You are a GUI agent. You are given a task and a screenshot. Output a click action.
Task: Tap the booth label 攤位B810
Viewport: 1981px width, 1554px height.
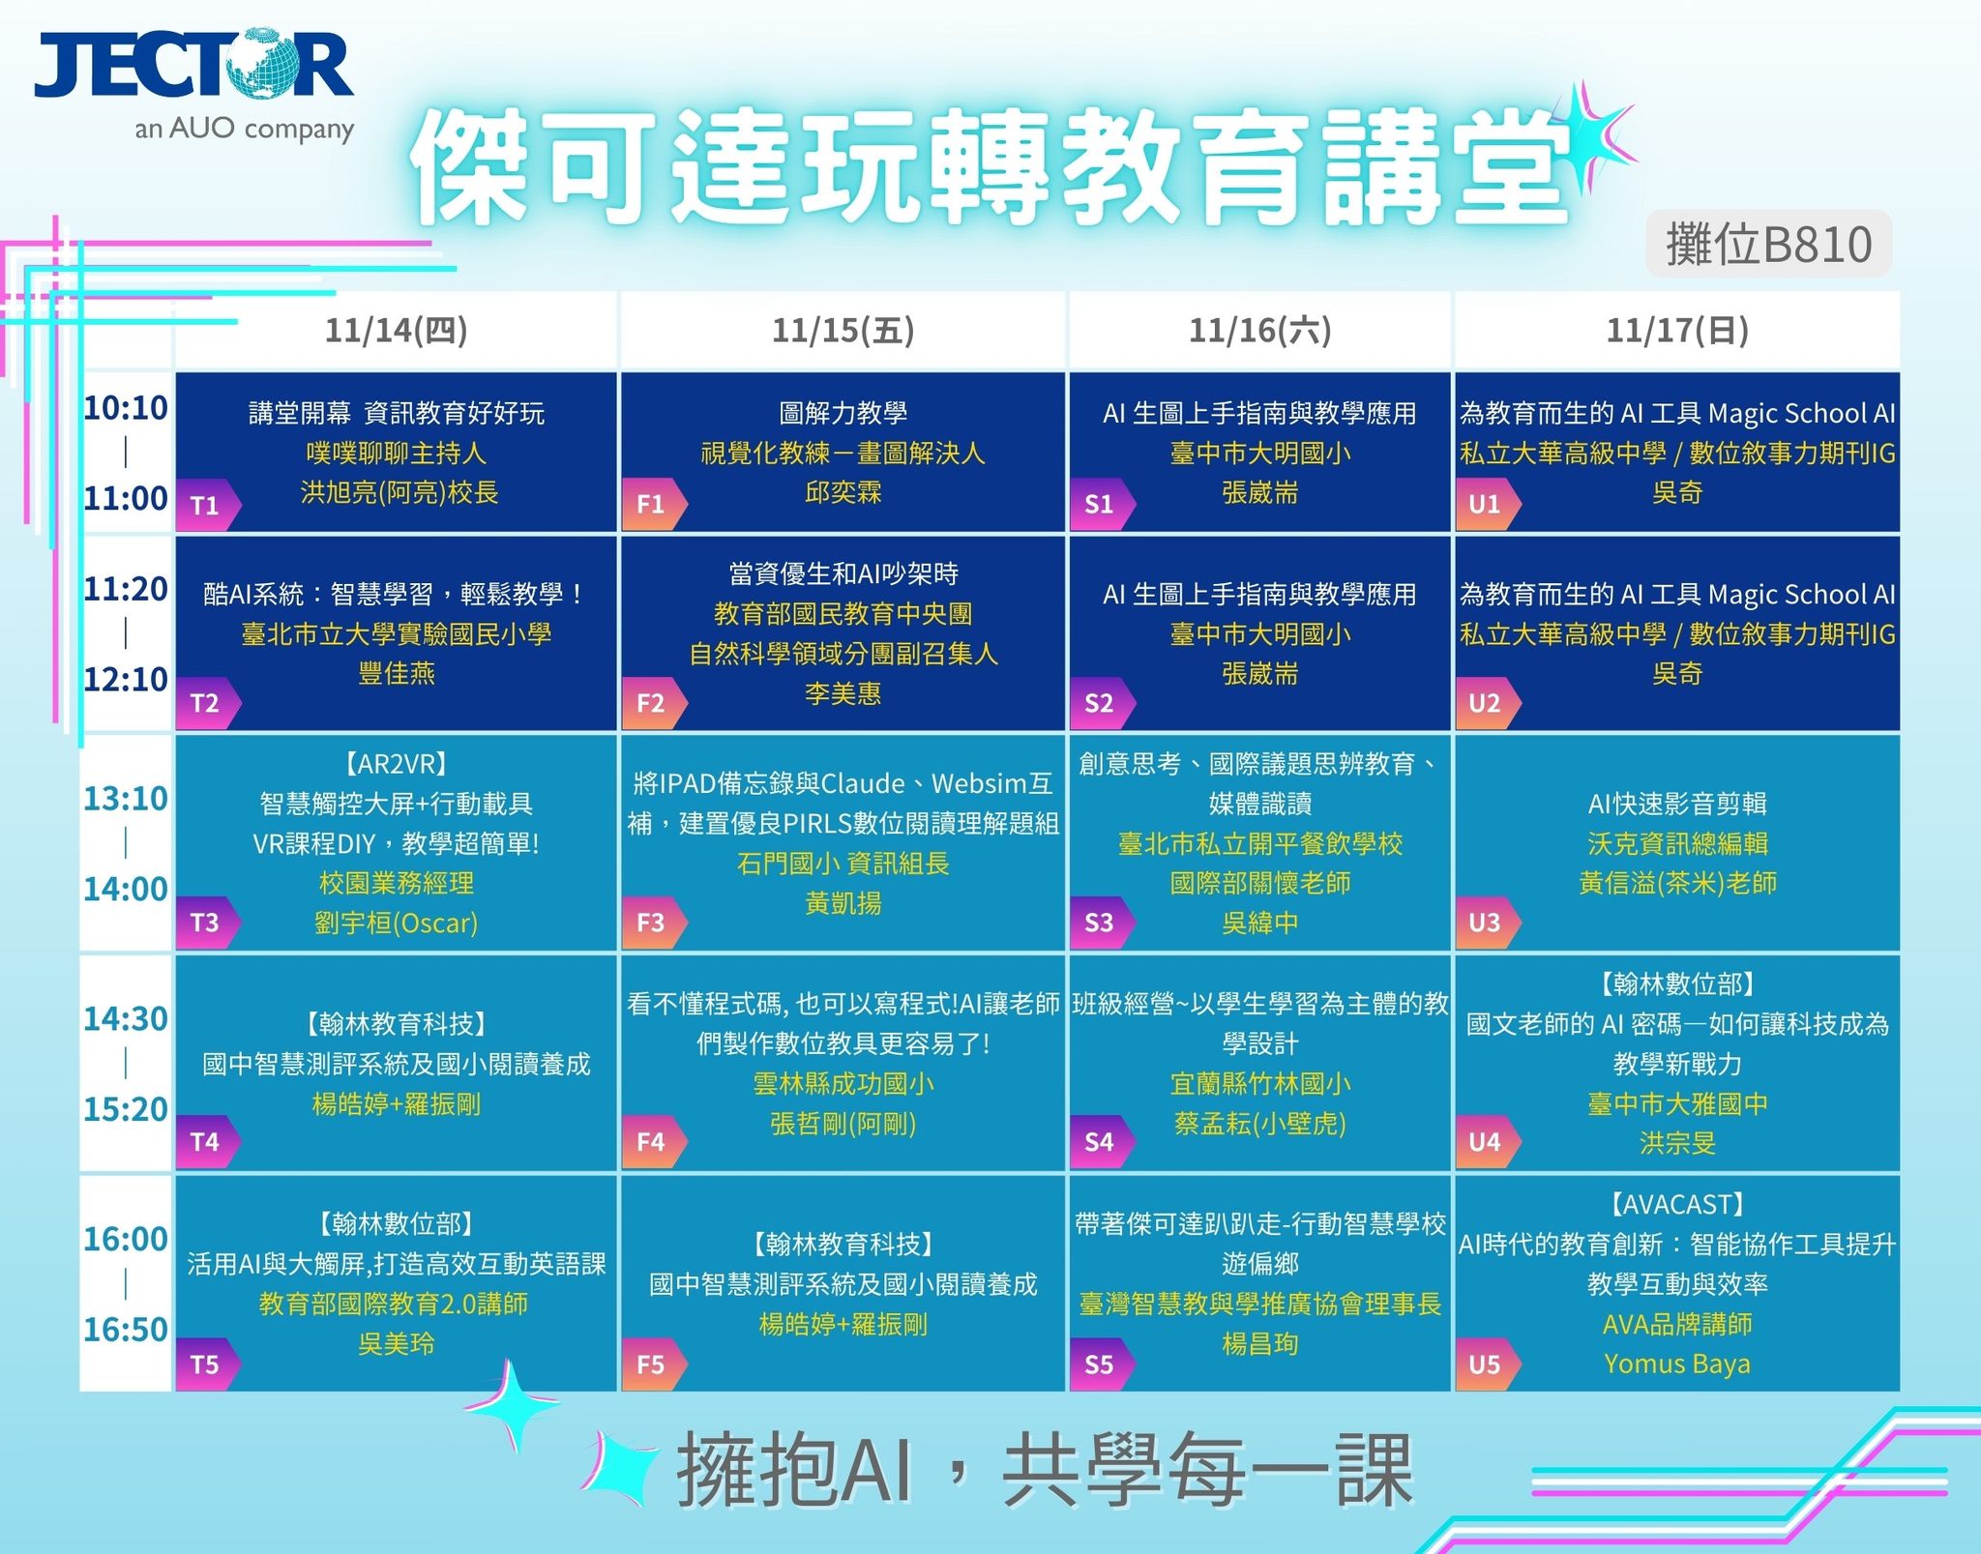coord(1768,244)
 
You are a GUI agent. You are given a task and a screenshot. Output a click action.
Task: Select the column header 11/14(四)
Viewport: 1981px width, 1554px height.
coord(396,331)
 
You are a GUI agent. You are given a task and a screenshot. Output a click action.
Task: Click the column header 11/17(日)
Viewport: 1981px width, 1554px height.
coord(1676,331)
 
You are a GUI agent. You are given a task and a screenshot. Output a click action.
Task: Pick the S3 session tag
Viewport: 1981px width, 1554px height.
coord(1101,923)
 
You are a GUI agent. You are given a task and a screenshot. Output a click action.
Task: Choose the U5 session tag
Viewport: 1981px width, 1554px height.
coord(1487,1364)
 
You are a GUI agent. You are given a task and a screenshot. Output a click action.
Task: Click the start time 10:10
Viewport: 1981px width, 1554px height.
coord(126,408)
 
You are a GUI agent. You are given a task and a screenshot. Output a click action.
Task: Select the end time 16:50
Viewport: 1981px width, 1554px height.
coord(126,1330)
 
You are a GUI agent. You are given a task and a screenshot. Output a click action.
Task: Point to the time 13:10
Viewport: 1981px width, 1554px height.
coord(126,799)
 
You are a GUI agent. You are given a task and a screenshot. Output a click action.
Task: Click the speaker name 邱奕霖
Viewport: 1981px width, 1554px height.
coord(843,493)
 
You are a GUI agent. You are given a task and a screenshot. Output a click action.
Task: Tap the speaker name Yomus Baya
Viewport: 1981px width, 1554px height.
coord(1676,1363)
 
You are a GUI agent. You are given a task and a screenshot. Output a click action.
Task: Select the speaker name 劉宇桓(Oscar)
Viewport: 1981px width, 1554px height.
coord(396,923)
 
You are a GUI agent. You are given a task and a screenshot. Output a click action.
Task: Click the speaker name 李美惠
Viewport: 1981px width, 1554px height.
coord(843,693)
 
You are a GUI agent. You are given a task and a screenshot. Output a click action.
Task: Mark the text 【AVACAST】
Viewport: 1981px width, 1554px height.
coord(1676,1205)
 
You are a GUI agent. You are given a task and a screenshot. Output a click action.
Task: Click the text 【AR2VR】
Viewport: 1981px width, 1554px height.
coord(396,764)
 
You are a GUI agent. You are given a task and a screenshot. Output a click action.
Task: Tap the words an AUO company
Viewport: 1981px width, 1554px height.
coord(245,129)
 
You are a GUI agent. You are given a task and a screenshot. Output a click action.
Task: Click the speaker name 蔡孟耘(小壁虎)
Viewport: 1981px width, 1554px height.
coord(1259,1124)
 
